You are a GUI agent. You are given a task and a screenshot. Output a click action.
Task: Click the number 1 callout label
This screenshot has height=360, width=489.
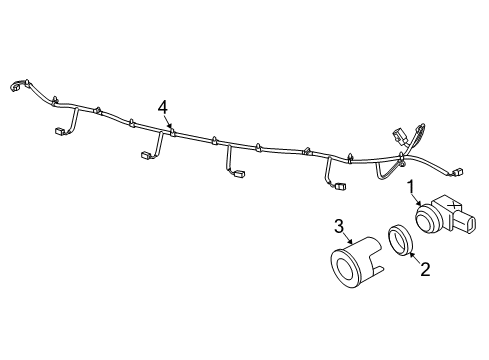pos(410,185)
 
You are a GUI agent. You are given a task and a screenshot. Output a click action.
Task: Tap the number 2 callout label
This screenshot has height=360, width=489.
pos(424,267)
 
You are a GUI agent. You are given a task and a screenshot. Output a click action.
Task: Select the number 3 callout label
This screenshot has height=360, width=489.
pos(339,225)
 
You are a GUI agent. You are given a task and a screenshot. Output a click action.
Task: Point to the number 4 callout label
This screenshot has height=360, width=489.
pos(162,106)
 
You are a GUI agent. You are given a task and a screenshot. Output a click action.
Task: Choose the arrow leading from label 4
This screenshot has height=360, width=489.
pos(168,121)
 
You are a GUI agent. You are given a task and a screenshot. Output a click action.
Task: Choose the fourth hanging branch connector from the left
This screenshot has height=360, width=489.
pos(340,186)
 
